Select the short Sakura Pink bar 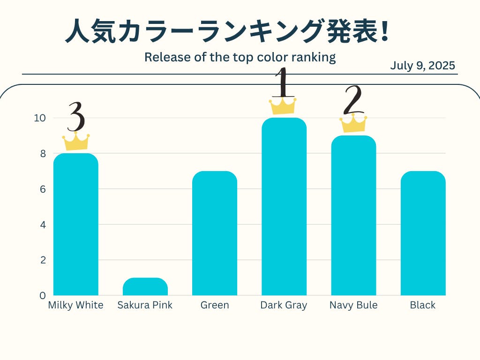pos(145,287)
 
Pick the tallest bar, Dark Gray pos(284,206)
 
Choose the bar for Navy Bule pos(353,215)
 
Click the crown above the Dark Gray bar pos(283,106)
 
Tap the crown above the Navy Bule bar pos(353,123)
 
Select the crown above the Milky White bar pos(76,142)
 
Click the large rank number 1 pos(283,83)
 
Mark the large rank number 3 pos(76,118)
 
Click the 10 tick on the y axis pos(39,118)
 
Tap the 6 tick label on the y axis pos(42,189)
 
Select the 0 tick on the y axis pos(42,295)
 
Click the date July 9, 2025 pos(422,66)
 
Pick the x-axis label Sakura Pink pos(145,305)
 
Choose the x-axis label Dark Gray pos(284,305)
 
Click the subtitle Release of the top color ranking pos(240,57)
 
